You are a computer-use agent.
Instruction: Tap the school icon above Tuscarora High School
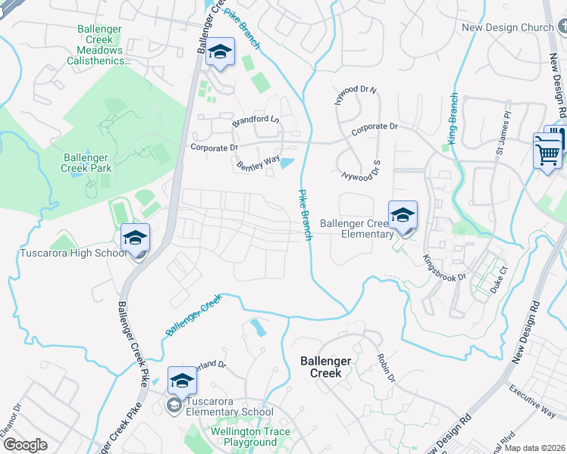coord(135,238)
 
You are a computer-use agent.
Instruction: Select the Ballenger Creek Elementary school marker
coord(403,214)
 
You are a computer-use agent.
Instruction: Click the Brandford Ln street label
coord(255,120)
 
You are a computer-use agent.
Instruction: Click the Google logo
coord(25,446)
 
